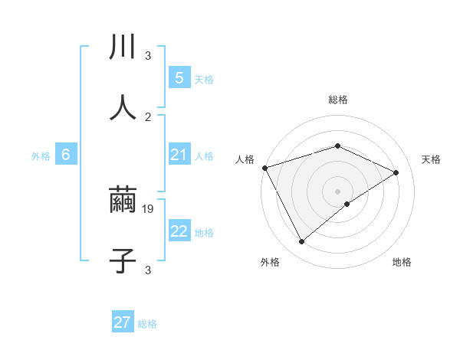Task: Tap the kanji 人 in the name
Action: [x=123, y=107]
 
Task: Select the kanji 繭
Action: [x=123, y=201]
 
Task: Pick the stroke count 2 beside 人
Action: [x=148, y=116]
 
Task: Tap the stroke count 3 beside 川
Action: [x=148, y=56]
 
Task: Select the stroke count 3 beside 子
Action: [x=148, y=270]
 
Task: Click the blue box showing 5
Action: [x=179, y=78]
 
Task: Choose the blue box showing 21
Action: [x=179, y=155]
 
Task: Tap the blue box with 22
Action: [x=179, y=231]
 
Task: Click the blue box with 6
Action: [x=66, y=155]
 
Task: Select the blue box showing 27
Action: [x=122, y=322]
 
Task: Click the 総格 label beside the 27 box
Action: [x=147, y=324]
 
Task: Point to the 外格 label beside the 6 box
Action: [x=41, y=156]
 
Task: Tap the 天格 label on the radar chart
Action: [x=431, y=159]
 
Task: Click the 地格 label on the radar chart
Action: [x=402, y=263]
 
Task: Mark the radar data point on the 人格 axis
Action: [x=264, y=168]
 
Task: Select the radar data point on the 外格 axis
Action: [x=301, y=242]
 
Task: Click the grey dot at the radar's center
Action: [x=337, y=191]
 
